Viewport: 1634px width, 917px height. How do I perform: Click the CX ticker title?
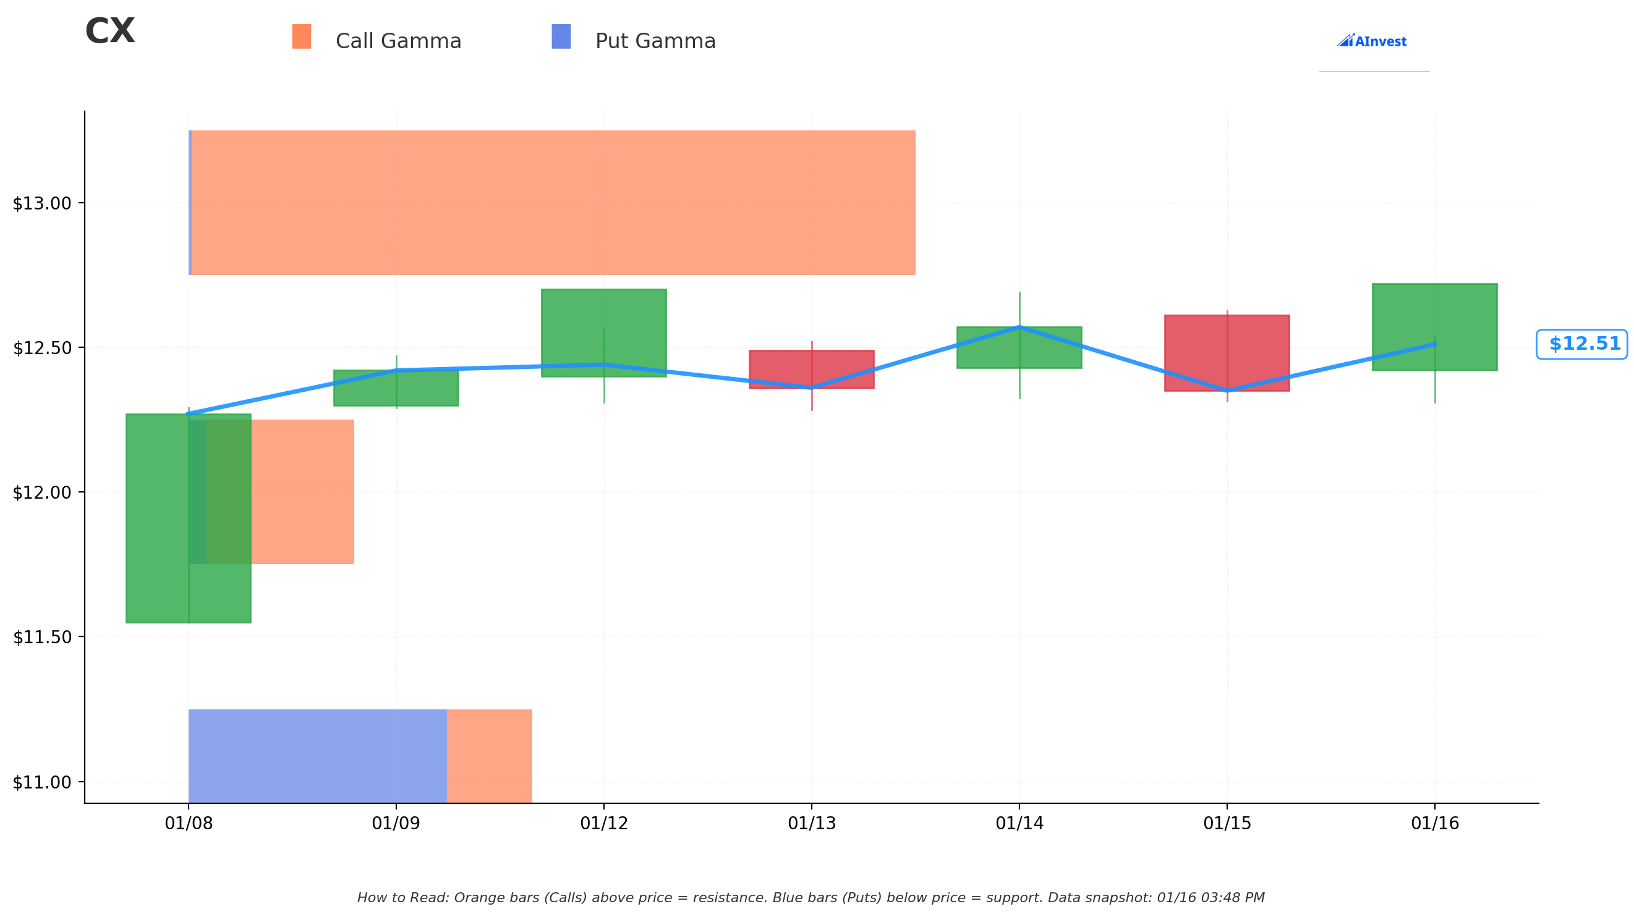109,31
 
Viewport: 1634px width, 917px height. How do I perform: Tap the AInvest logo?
1371,41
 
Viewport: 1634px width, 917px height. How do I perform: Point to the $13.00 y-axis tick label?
42,203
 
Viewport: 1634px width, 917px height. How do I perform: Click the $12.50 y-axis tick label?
42,348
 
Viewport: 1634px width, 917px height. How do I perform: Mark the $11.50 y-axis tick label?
42,637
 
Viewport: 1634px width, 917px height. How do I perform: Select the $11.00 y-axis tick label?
42,782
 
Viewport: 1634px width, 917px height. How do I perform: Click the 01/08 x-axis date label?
189,823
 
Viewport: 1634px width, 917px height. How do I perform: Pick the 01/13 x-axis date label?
812,823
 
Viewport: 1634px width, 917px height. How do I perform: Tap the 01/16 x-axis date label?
1435,823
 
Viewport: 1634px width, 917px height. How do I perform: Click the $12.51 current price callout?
1582,344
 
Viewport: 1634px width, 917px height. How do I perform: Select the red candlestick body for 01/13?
812,369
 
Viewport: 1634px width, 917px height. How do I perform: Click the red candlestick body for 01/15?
1227,353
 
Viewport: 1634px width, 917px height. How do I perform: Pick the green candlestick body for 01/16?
1435,327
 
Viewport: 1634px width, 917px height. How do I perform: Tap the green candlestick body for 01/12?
604,333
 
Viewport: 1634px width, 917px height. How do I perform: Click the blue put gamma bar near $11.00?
318,756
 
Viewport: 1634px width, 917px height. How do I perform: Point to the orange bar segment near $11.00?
490,756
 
